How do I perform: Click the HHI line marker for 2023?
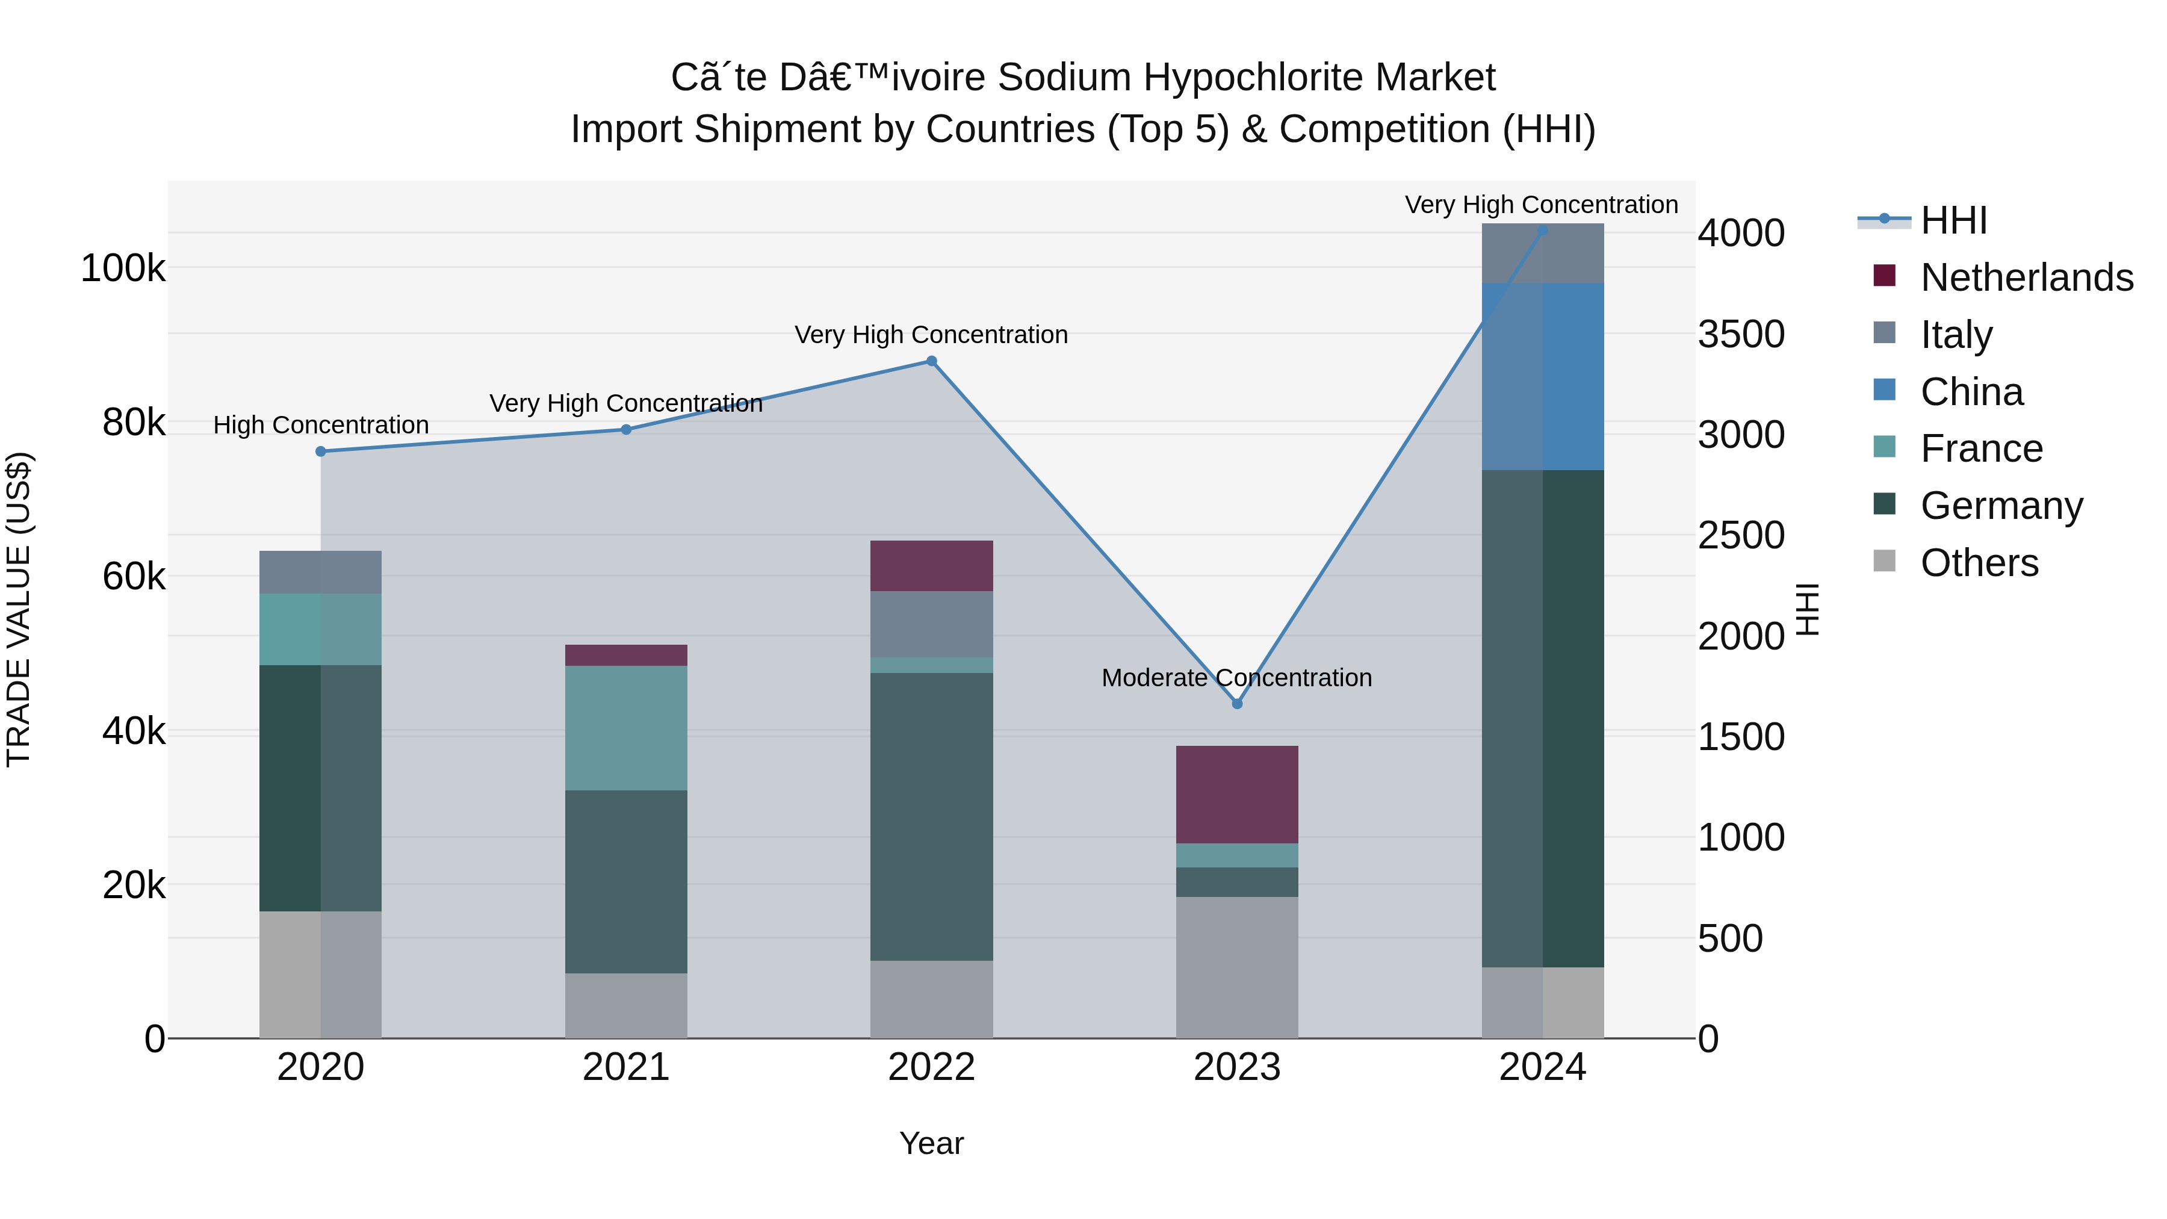coord(1236,703)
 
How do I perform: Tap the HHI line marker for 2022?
coord(931,362)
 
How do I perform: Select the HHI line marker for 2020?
coord(320,451)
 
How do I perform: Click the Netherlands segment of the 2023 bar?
coord(1236,794)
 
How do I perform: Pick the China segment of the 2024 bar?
coord(1543,376)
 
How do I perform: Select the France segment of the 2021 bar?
coord(626,728)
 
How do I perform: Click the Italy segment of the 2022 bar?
coord(931,624)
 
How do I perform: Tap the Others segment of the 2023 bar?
coord(1236,967)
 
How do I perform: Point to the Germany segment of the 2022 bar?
coord(931,816)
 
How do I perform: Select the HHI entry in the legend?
coord(1953,220)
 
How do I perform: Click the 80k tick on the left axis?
coord(133,423)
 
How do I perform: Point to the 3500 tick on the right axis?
coord(1740,334)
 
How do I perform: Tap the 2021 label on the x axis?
coord(626,1067)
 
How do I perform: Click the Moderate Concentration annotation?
coord(1236,677)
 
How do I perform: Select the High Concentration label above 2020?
coord(320,425)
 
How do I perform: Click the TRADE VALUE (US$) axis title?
coord(19,609)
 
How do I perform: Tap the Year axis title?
coord(931,1143)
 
